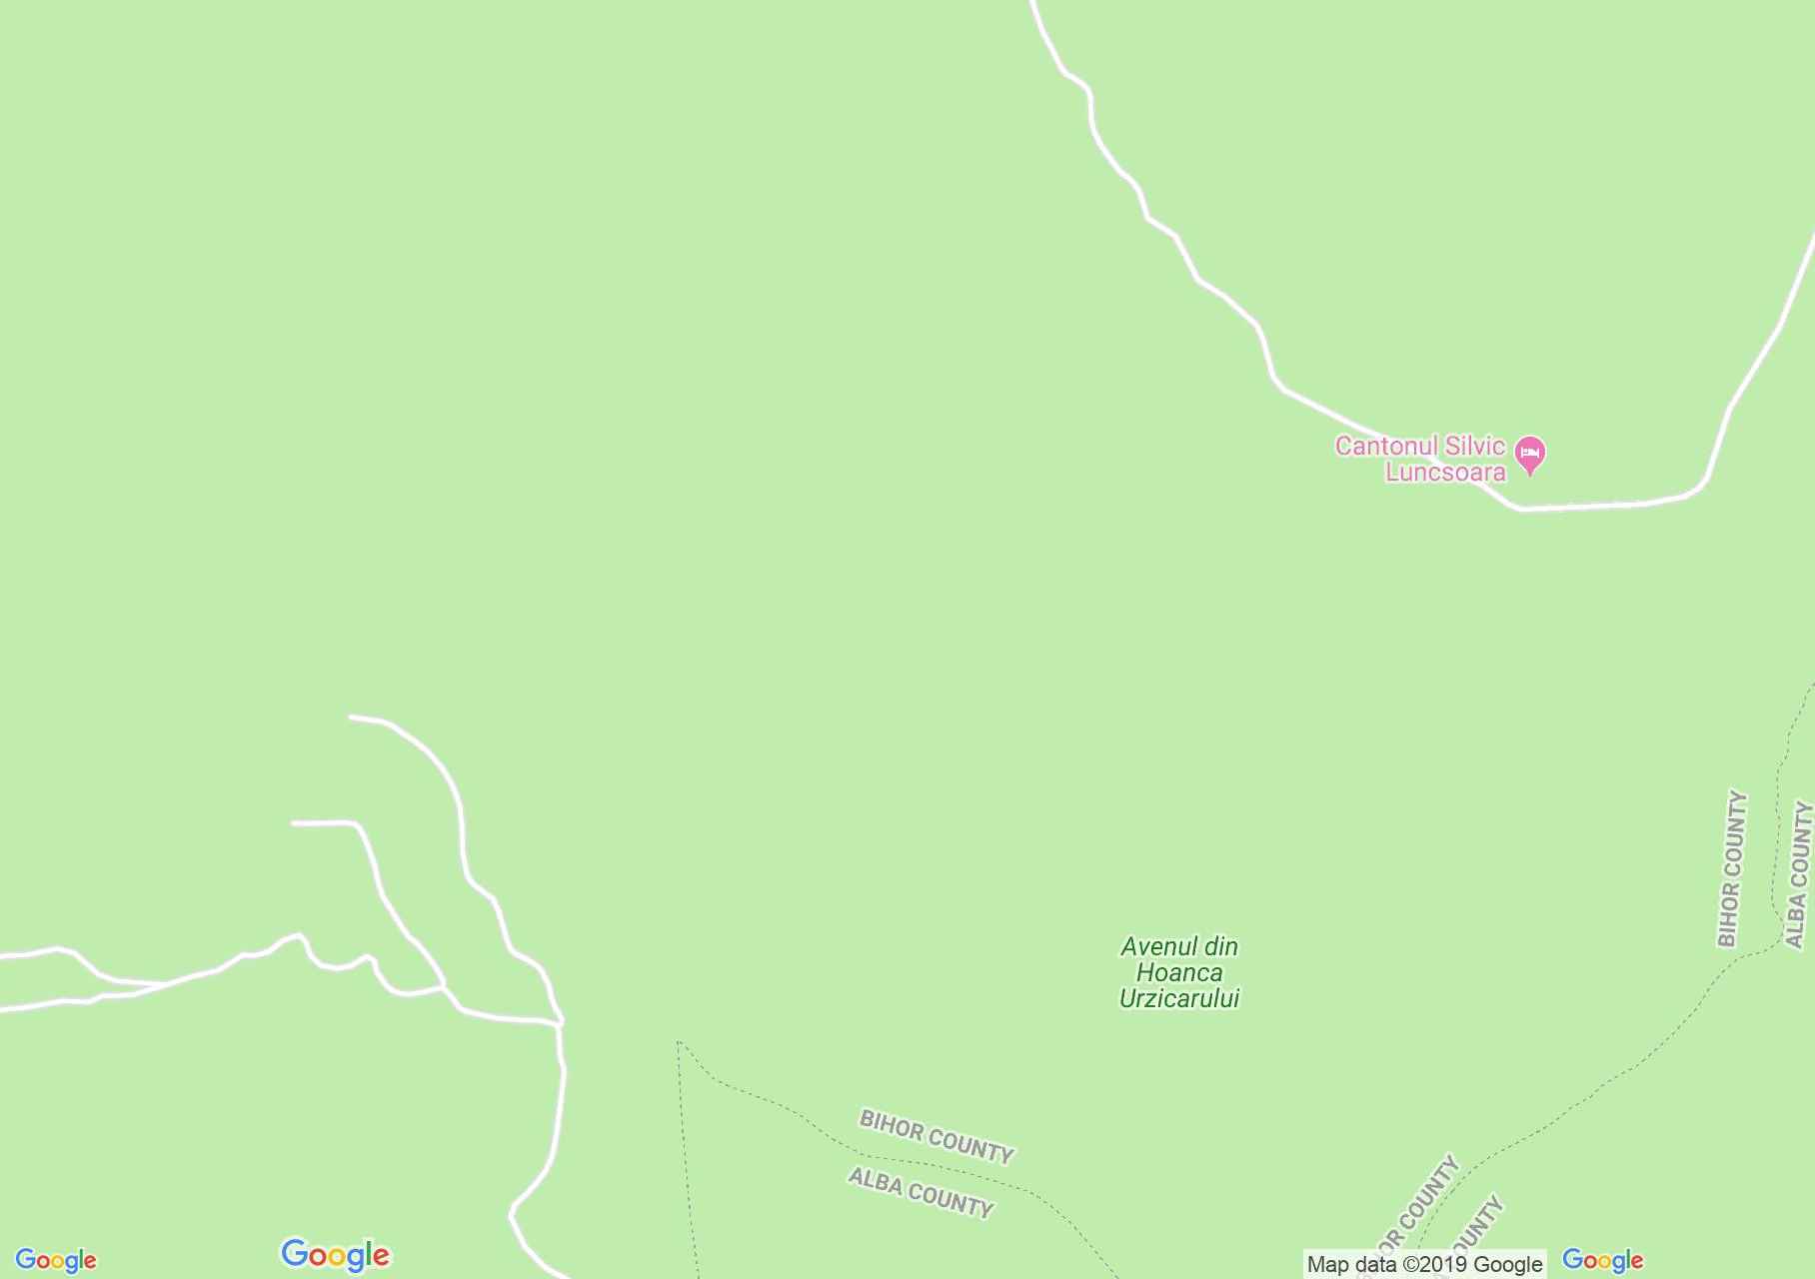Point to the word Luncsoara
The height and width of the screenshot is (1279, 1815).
1444,472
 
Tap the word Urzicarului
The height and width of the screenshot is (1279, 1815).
1179,998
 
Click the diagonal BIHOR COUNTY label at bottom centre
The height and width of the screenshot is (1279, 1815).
936,1136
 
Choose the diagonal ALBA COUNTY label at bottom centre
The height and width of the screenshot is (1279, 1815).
920,1193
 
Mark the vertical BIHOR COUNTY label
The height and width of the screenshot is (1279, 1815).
1732,869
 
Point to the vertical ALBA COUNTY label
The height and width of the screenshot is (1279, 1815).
1798,874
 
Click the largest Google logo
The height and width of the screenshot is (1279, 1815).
335,1255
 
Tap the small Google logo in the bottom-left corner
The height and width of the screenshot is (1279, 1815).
56,1260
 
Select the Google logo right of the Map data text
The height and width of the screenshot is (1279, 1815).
1602,1260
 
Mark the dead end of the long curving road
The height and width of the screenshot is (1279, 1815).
351,716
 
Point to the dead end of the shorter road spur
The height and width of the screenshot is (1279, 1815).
294,823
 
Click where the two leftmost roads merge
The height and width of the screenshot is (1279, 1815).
165,985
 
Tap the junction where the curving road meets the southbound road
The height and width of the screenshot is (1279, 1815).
560,1023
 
